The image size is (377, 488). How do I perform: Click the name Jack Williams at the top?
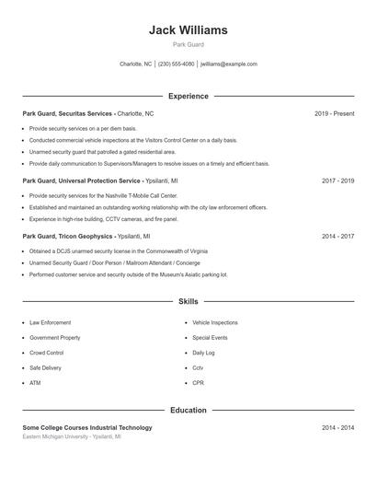coord(188,29)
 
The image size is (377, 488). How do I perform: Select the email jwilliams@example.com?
coord(229,64)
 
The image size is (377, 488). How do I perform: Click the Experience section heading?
coord(188,96)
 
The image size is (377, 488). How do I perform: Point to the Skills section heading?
coord(188,301)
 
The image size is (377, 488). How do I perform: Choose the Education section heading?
coord(188,410)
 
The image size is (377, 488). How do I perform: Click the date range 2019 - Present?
coord(334,113)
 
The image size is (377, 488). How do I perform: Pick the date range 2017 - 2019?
coord(337,181)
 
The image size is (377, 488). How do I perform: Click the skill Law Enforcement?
coord(50,323)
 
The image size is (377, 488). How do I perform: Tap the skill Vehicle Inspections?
coord(214,323)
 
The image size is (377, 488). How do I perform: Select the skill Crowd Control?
coord(46,353)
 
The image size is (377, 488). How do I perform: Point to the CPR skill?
coord(198,382)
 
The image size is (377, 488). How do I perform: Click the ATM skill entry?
coord(35,382)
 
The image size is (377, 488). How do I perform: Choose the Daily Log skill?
coord(203,353)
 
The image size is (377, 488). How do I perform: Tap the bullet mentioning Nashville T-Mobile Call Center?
coord(103,196)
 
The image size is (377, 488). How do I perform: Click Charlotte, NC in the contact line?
coord(135,64)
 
